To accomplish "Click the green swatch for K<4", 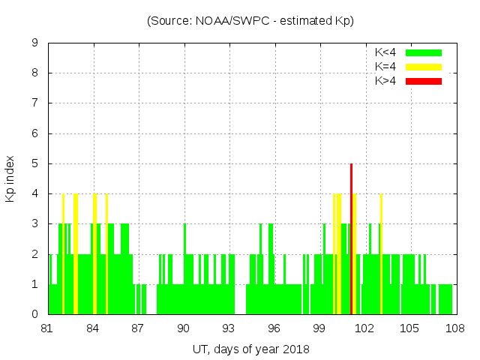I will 424,52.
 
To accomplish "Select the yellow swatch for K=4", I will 424,67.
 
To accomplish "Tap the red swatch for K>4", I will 424,81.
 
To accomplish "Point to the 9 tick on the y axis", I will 34,43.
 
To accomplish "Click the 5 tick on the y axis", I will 34,163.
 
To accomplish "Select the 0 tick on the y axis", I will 34,314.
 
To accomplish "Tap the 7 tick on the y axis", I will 34,103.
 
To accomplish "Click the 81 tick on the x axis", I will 48,328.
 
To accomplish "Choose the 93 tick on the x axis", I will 229,328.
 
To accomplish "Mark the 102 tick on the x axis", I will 364,328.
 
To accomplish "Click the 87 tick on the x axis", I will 138,328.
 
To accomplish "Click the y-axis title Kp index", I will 10,178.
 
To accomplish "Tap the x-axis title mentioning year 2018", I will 251,349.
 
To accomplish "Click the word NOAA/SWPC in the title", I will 225,21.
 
